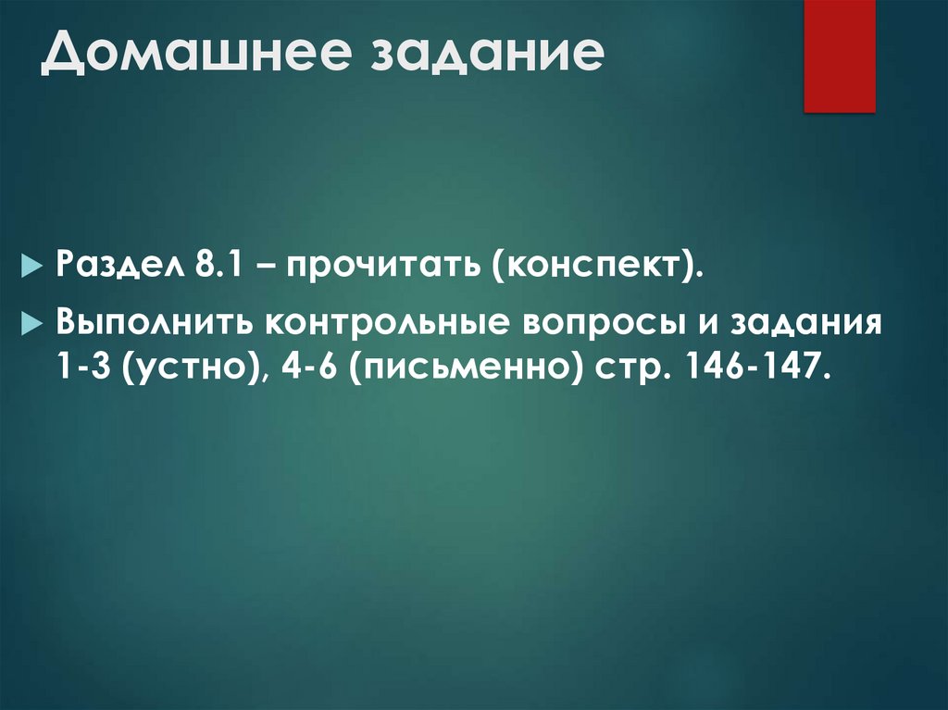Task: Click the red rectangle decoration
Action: (x=839, y=56)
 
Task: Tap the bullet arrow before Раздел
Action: (x=32, y=267)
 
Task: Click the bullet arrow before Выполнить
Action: (x=32, y=325)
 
